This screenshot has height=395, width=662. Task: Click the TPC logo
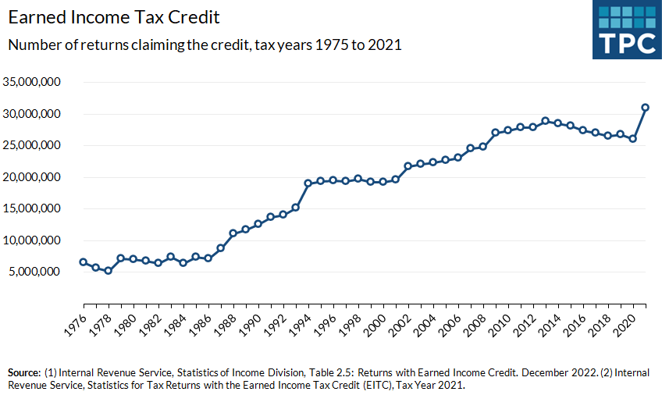tap(626, 30)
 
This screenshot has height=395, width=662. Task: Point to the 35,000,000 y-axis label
tap(32, 82)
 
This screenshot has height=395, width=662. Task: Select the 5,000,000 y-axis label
tap(35, 272)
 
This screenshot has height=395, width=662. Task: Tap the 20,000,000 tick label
tap(32, 177)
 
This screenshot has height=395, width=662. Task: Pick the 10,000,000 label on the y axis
tap(32, 240)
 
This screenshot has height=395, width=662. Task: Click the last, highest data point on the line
tap(646, 108)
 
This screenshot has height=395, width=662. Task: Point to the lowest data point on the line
tap(109, 271)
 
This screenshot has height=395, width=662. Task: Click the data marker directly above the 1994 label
tap(308, 183)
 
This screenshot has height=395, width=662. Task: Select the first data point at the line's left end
tap(84, 262)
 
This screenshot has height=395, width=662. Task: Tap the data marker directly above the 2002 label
tap(408, 166)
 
